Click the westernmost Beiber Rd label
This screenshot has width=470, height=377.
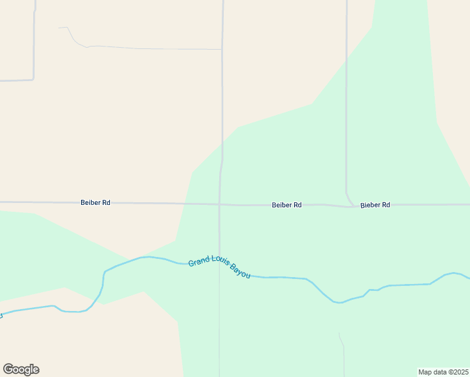[96, 202]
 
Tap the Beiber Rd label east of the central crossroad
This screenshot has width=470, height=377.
[287, 205]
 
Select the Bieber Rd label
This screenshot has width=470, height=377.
[375, 205]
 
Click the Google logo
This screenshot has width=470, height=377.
[21, 369]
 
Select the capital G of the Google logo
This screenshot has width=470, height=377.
[8, 369]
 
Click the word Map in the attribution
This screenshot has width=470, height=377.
[425, 371]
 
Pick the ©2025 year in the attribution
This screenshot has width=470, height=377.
[457, 371]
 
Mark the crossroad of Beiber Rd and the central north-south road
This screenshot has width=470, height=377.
[219, 204]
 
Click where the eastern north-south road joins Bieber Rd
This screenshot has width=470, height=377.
[353, 205]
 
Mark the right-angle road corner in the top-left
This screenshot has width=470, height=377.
[33, 79]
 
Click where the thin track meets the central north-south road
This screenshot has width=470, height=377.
[221, 49]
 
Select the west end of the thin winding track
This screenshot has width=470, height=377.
[60, 28]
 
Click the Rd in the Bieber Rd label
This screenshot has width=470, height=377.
[385, 205]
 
